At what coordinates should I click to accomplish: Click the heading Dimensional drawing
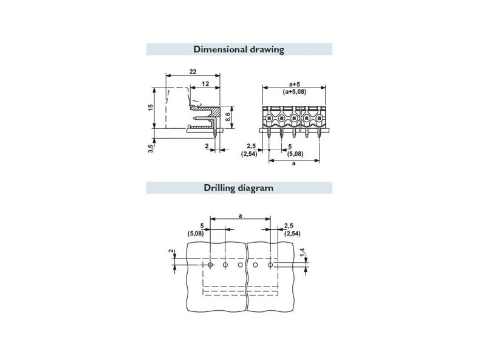point(239,49)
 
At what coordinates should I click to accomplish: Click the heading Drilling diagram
point(239,188)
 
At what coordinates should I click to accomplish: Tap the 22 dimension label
point(193,71)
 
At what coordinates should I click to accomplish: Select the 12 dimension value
point(205,83)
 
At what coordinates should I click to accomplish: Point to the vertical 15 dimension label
point(151,108)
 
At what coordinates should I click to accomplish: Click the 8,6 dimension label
point(228,117)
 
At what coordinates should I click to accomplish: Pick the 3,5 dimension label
point(151,148)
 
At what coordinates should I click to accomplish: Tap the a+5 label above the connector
point(294,84)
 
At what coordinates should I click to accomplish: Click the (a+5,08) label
point(294,92)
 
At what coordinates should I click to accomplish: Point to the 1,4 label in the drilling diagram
point(303,252)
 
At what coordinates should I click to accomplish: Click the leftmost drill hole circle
point(210,265)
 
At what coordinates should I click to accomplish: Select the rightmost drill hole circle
point(270,265)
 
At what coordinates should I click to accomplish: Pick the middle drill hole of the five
point(240,265)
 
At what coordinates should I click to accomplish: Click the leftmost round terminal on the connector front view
point(269,118)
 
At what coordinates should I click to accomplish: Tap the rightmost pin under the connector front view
point(320,133)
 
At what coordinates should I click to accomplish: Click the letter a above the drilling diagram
point(240,215)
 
